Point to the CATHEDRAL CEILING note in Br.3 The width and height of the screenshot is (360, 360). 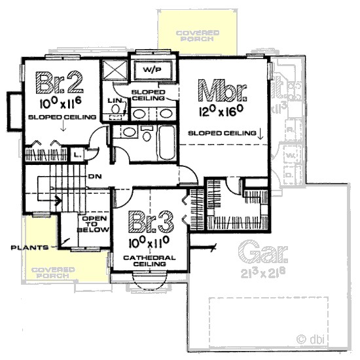tap(150, 262)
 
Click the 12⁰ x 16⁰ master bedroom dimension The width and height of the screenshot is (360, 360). tap(221, 111)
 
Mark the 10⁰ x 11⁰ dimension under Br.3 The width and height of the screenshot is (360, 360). tap(150, 244)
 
